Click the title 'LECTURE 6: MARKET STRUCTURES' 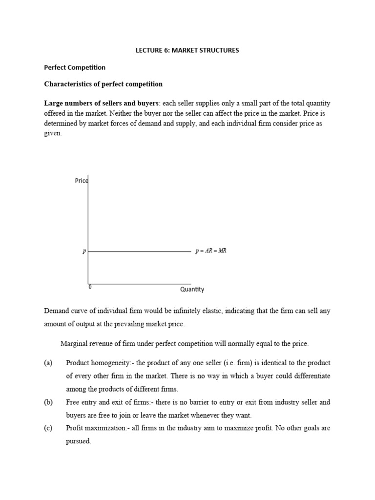pyautogui.click(x=187, y=50)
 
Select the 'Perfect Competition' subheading pyautogui.click(x=75, y=67)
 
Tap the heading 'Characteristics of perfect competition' pyautogui.click(x=104, y=84)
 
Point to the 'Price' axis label pyautogui.click(x=81, y=181)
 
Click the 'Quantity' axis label pyautogui.click(x=192, y=289)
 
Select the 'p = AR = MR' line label pyautogui.click(x=211, y=251)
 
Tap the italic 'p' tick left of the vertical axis pyautogui.click(x=84, y=251)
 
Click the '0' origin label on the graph pyautogui.click(x=90, y=287)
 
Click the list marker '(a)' pyautogui.click(x=48, y=363)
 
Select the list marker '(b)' pyautogui.click(x=48, y=402)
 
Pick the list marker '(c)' pyautogui.click(x=48, y=428)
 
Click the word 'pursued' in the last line pyautogui.click(x=78, y=441)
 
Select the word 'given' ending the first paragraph pyautogui.click(x=53, y=133)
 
